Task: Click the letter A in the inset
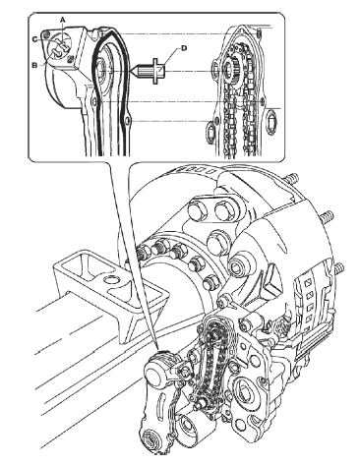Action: pos(63,20)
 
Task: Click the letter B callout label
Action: pos(34,65)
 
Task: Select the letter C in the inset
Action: pos(34,39)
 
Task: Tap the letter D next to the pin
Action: pos(184,48)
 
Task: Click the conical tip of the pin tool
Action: pos(135,71)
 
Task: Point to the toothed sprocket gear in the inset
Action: pos(233,68)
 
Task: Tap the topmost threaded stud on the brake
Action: pos(292,179)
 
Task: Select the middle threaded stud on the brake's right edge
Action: pos(327,217)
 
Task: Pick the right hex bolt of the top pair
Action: pos(224,211)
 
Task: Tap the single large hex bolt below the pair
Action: pos(218,243)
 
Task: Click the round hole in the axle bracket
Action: pos(111,280)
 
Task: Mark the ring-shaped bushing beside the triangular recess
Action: pos(241,264)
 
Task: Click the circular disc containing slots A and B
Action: pos(60,47)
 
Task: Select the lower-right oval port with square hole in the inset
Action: pos(271,123)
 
